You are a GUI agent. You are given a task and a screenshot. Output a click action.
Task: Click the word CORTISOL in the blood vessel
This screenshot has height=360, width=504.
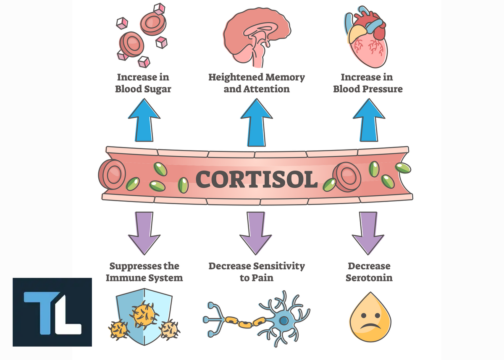257,179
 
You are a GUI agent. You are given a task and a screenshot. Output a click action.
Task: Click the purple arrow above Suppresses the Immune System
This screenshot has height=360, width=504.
144,232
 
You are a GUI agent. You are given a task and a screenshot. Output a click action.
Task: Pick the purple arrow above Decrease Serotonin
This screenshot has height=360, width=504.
368,232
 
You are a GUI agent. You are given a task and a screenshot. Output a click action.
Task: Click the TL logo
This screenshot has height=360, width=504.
52,312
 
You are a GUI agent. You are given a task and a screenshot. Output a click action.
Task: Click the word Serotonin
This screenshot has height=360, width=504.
369,278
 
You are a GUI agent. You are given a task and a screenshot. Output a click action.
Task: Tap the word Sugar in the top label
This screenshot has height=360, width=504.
156,89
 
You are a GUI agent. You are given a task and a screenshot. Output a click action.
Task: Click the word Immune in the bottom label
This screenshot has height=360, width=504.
135,278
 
